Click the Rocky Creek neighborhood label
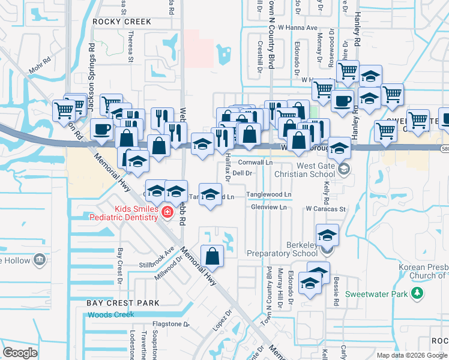tap(122, 22)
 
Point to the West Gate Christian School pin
tap(343, 169)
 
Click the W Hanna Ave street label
tap(300, 28)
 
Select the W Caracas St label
tap(326, 209)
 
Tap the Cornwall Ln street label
tap(255, 163)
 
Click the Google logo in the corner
tap(20, 353)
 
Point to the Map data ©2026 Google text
tap(411, 355)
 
